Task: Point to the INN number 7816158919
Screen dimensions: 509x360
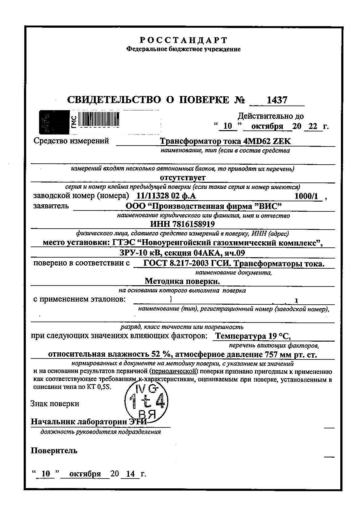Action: click(193, 224)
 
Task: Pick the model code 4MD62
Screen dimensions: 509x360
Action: click(257, 141)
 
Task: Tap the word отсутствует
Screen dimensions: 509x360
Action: click(183, 178)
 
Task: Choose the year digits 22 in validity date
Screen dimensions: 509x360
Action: click(312, 126)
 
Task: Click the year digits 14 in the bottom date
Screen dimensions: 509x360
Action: click(130, 474)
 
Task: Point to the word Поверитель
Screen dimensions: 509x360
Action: click(54, 451)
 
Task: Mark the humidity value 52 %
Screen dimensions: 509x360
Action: click(159, 354)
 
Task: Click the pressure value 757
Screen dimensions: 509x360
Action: click(271, 354)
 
